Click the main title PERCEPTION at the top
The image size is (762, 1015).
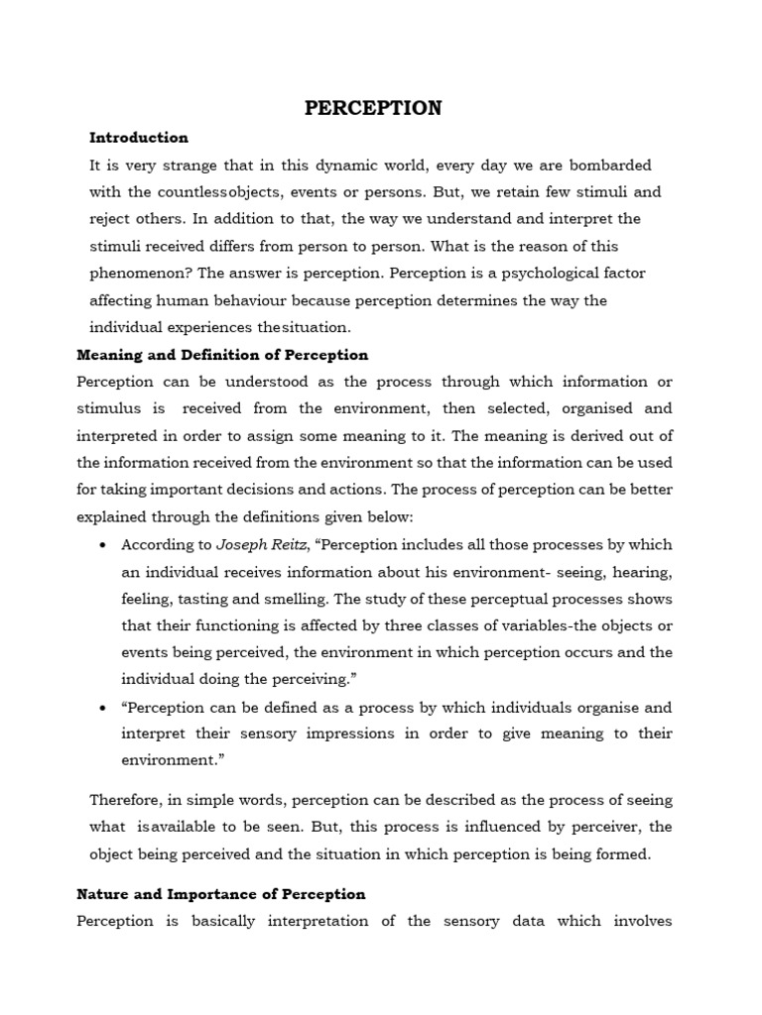click(373, 108)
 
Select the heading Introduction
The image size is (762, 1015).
click(139, 138)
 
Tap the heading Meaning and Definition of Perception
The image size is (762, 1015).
click(222, 355)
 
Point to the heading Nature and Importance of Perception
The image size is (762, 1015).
click(221, 894)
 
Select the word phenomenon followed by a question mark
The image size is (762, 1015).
click(138, 273)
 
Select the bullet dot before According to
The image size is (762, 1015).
click(104, 545)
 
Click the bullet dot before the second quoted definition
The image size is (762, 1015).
click(104, 708)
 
